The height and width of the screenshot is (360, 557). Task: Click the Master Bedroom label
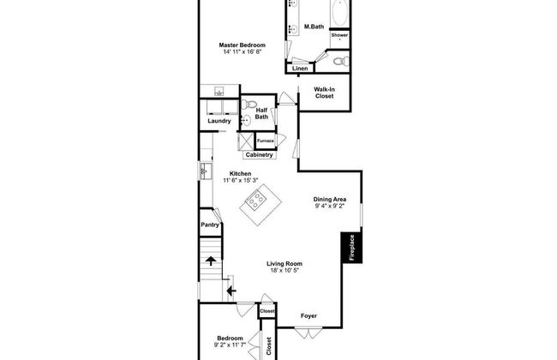242,45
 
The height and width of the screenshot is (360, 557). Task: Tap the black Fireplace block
351,248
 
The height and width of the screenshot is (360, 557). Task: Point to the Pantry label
210,225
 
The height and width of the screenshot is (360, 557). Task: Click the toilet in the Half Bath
249,105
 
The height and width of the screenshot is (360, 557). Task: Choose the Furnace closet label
266,141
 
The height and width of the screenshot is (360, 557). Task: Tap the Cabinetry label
260,155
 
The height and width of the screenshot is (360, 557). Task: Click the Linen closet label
300,69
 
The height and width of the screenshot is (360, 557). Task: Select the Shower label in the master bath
339,35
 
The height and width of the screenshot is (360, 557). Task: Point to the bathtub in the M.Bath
340,13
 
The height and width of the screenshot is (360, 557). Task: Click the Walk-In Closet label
324,93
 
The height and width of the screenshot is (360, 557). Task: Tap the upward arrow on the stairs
211,261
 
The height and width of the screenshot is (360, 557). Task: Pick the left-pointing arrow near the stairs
231,291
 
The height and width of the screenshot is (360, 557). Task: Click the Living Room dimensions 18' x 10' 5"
284,271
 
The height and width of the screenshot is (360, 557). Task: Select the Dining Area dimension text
330,206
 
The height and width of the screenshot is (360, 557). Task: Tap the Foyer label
308,315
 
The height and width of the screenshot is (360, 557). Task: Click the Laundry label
219,121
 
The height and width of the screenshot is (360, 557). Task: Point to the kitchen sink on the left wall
206,171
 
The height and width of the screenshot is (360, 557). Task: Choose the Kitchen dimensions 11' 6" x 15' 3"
241,180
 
